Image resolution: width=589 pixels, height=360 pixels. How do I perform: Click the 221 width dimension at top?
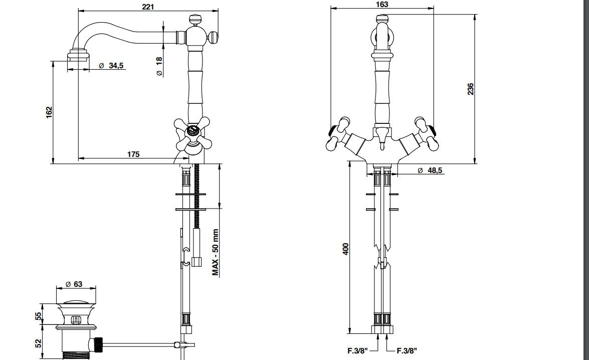pos(148,6)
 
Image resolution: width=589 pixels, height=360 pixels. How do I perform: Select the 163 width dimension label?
pos(382,5)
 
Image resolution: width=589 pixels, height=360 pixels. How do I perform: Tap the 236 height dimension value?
pos(470,89)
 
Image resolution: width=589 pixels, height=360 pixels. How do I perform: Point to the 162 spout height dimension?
pos(49,112)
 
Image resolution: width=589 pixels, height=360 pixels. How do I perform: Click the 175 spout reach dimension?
pos(133,154)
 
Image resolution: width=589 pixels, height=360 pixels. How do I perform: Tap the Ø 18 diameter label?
pos(159,66)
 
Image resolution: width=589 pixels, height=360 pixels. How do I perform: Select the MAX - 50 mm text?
pos(216,252)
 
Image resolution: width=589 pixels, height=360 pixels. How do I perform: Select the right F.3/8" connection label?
pos(407,351)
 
